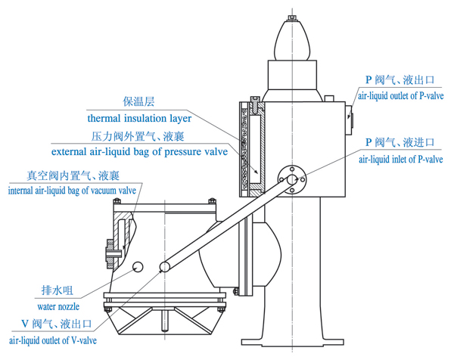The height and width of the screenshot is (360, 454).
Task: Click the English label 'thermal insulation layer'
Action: click(139, 119)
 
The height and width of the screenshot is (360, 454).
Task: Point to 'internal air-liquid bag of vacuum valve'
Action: click(71, 190)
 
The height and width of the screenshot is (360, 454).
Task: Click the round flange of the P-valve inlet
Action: click(292, 179)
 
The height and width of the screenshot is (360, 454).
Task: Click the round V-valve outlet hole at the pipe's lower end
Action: click(164, 266)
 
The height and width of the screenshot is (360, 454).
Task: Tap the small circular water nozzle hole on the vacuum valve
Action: click(137, 266)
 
